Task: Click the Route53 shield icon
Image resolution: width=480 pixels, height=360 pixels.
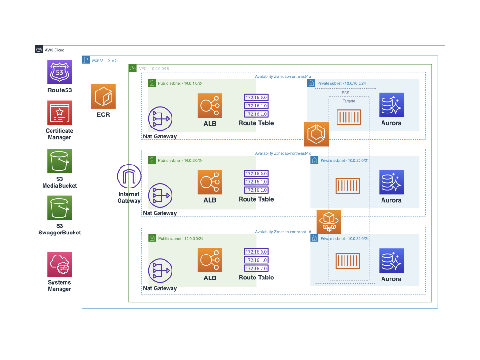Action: click(x=60, y=72)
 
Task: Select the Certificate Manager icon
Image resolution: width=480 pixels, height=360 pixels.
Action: click(x=60, y=112)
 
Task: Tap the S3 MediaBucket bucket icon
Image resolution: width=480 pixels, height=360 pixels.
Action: click(x=60, y=161)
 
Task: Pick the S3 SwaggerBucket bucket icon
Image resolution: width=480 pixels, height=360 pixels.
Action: click(x=60, y=209)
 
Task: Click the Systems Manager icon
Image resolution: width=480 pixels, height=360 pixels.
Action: click(x=60, y=264)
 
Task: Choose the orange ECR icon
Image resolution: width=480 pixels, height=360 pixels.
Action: click(x=103, y=97)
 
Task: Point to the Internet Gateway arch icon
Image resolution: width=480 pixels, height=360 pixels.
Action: click(x=129, y=176)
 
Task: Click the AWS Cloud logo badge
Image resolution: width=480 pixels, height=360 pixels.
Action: click(x=39, y=50)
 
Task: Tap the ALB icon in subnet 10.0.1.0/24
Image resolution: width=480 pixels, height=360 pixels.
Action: click(x=210, y=105)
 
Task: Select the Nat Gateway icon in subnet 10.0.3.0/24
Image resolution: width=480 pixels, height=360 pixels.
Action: click(x=160, y=271)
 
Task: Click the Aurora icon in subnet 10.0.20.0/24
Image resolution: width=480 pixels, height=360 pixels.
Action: click(x=391, y=182)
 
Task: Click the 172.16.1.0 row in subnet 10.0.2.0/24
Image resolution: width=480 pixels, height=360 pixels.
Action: click(x=256, y=182)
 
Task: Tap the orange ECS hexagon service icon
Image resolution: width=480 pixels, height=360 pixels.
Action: click(x=316, y=134)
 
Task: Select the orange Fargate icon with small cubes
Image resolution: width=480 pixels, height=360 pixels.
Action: click(x=329, y=221)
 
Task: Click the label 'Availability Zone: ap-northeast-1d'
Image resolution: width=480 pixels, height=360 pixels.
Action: click(x=283, y=232)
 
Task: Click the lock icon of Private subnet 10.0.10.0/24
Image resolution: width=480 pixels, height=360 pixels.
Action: click(x=311, y=83)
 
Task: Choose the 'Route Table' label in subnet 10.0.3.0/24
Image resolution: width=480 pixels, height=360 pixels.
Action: click(x=256, y=277)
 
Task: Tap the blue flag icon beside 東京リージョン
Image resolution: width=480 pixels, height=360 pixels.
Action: click(x=86, y=60)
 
